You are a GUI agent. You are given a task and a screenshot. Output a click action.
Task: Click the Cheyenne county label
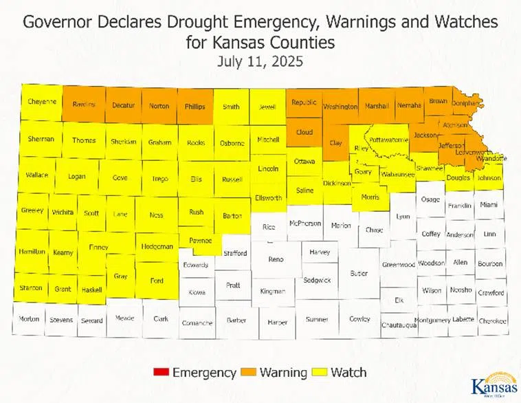(x=41, y=101)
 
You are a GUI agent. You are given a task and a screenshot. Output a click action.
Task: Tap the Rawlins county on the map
(x=84, y=105)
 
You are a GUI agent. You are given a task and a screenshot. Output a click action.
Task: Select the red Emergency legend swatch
(x=160, y=373)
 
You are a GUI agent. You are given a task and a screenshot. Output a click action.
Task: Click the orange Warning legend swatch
(x=249, y=373)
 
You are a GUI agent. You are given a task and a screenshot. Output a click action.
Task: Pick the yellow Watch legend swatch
(x=320, y=373)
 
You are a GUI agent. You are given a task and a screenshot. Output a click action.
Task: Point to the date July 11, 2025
(x=260, y=61)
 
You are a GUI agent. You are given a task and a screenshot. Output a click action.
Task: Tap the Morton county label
(x=29, y=319)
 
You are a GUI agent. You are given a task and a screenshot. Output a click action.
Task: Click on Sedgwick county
(x=317, y=280)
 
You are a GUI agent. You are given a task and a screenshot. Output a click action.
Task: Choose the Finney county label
(x=98, y=246)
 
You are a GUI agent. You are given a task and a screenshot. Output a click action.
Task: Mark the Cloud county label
(x=304, y=132)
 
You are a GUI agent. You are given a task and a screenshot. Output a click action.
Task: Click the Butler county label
(x=359, y=273)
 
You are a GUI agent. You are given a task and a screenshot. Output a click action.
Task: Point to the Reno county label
(x=275, y=259)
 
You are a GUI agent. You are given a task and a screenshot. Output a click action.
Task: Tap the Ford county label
(x=156, y=281)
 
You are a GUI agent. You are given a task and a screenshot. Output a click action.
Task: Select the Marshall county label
(x=377, y=106)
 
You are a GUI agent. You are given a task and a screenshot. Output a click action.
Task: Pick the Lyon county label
(x=403, y=217)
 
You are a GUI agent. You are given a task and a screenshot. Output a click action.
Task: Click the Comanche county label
(x=197, y=322)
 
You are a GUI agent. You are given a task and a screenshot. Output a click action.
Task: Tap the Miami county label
(x=489, y=205)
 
